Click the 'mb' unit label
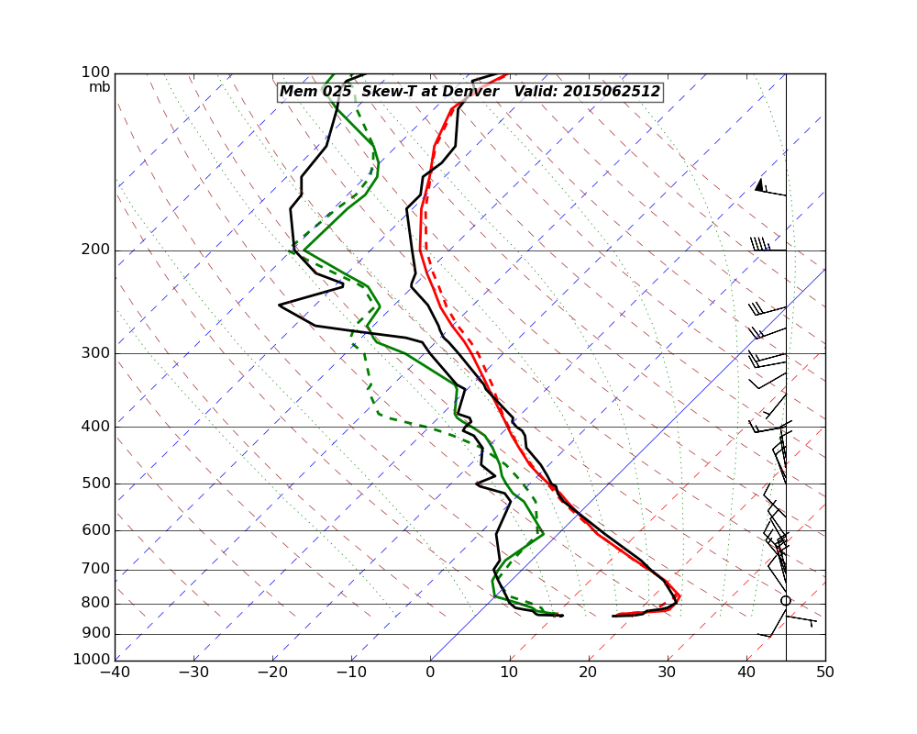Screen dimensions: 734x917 (99, 87)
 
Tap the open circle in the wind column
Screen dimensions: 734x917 (785, 601)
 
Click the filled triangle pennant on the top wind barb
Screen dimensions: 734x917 (759, 185)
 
